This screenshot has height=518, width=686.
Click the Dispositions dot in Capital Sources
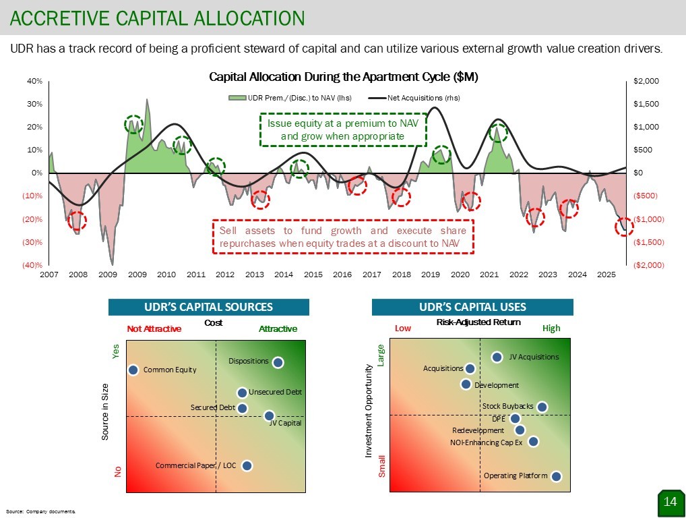pyautogui.click(x=278, y=362)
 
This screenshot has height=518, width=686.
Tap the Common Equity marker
pyautogui.click(x=133, y=370)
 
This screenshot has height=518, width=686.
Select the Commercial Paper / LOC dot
pyautogui.click(x=247, y=465)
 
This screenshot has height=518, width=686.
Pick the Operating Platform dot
pyautogui.click(x=557, y=476)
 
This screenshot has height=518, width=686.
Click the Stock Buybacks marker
pyautogui.click(x=542, y=407)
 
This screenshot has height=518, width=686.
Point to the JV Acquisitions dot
pyautogui.click(x=497, y=357)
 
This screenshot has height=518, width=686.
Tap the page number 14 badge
pyautogui.click(x=670, y=501)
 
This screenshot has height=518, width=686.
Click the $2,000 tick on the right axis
pyautogui.click(x=648, y=81)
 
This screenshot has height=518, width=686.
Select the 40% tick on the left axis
pyautogui.click(x=34, y=81)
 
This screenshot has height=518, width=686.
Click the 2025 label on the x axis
pyautogui.click(x=606, y=275)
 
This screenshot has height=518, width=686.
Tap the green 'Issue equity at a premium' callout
pyautogui.click(x=342, y=129)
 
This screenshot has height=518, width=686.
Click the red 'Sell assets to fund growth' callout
pyautogui.click(x=343, y=237)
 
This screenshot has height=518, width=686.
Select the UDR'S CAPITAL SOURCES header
pyautogui.click(x=208, y=307)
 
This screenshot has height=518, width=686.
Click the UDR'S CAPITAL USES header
pyautogui.click(x=472, y=307)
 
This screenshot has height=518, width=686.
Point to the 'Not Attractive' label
pyautogui.click(x=154, y=329)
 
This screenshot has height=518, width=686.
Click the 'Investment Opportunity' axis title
pyautogui.click(x=369, y=411)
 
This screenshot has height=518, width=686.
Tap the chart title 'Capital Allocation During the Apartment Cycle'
pyautogui.click(x=344, y=77)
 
